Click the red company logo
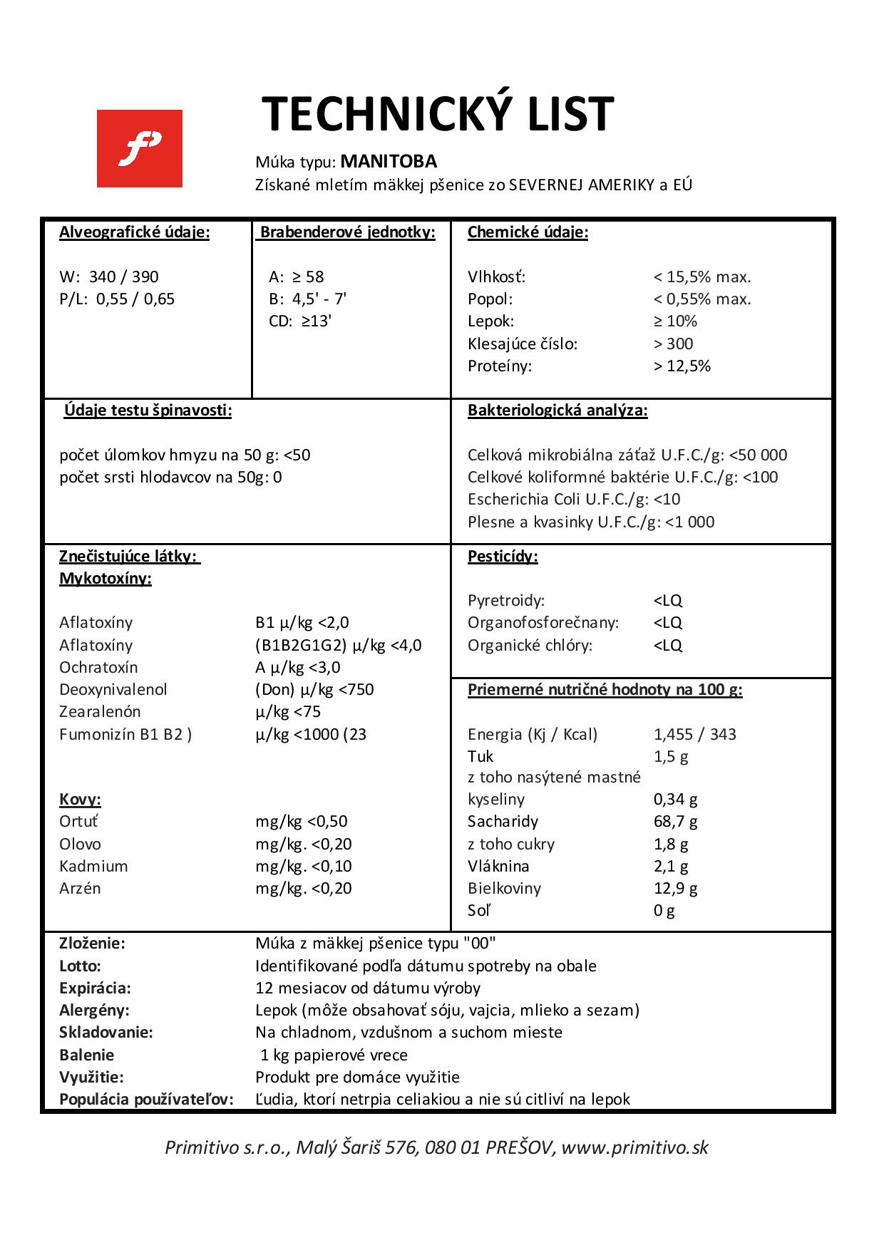140,148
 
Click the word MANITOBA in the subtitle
389,162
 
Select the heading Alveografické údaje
135,233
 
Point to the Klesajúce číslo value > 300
674,344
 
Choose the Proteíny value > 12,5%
682,366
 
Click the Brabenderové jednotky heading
347,233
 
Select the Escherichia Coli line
574,500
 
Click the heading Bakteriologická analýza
557,410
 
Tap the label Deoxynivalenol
113,690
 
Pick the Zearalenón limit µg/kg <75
288,712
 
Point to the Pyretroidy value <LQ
668,601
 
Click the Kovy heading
80,800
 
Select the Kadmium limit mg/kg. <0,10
304,867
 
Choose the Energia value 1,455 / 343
695,735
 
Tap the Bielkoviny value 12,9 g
676,889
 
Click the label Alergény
94,1011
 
